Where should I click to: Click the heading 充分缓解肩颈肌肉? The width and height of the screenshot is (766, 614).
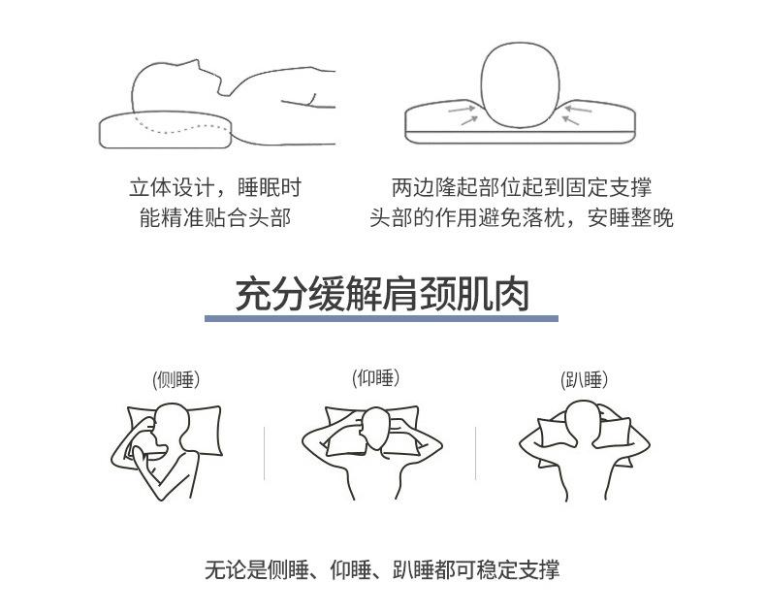click(382, 292)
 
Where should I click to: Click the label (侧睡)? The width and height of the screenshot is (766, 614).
click(176, 379)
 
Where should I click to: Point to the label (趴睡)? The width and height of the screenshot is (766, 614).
click(585, 379)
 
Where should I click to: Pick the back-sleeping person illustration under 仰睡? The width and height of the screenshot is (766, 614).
click(373, 447)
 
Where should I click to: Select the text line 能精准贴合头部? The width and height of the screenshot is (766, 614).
click(215, 217)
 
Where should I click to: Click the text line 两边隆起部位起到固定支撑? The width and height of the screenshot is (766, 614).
click(521, 187)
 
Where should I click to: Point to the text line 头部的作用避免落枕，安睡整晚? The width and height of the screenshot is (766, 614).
click(521, 217)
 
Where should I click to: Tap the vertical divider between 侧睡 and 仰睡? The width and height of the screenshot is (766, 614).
click(265, 452)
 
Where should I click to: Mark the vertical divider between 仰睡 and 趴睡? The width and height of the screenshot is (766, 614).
click(475, 452)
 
